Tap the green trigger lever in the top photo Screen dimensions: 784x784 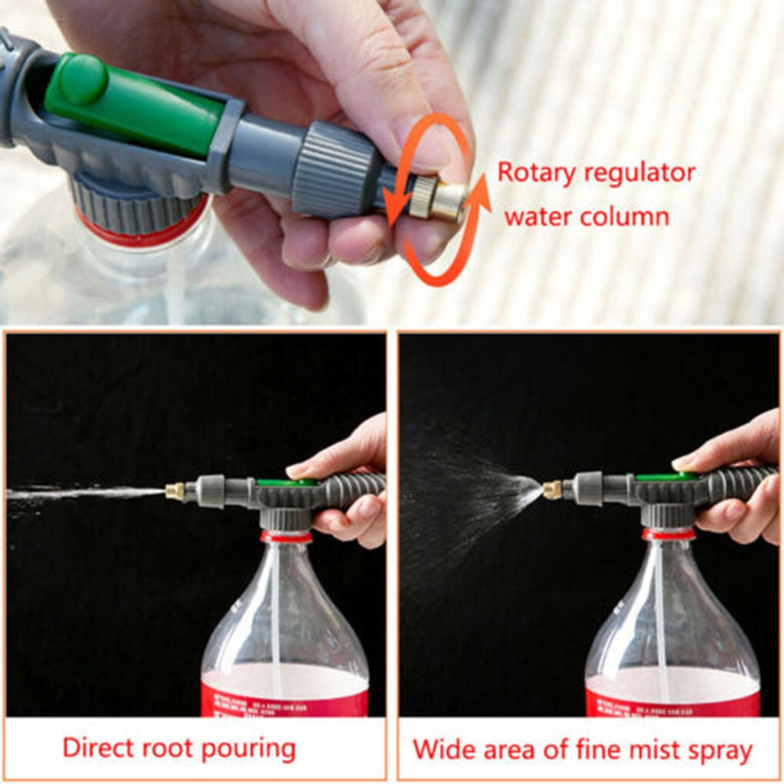click(x=130, y=103)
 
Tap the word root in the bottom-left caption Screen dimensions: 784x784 click(x=175, y=748)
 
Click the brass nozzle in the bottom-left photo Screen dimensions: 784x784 click(x=175, y=491)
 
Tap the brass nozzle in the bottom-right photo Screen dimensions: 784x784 click(x=552, y=490)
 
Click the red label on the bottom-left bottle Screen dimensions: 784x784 click(x=284, y=698)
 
